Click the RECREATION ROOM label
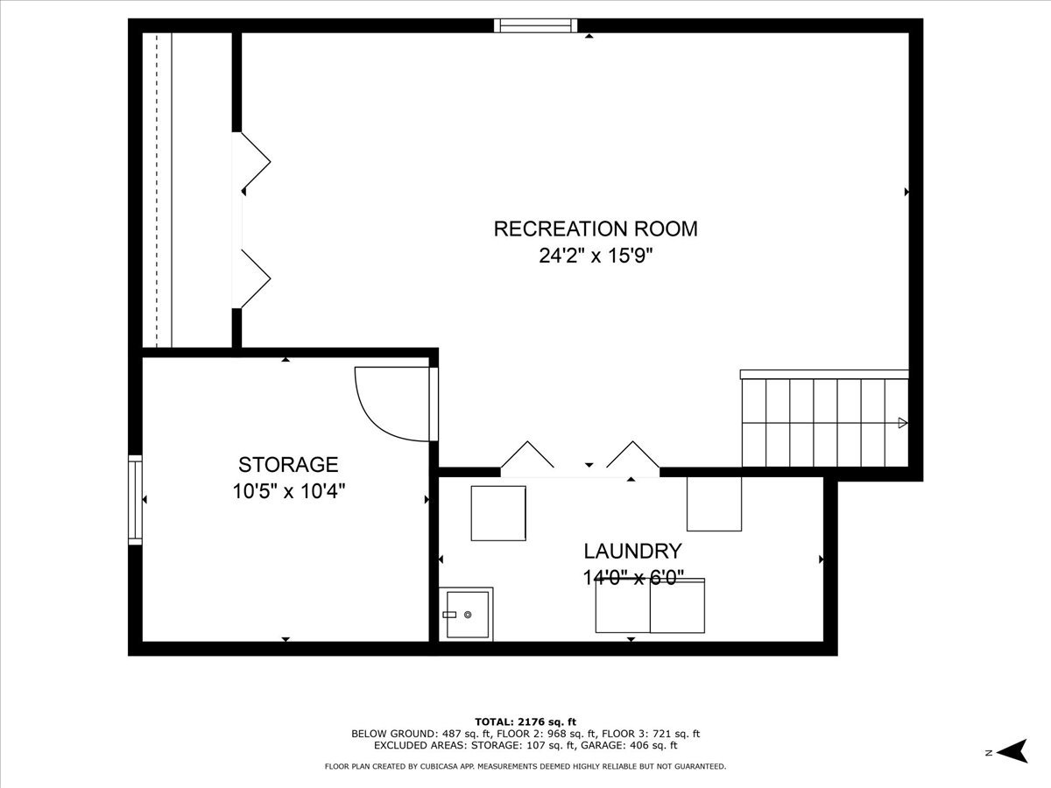(x=596, y=229)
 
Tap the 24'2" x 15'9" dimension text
(x=596, y=257)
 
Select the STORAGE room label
(x=288, y=464)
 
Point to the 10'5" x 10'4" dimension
(x=288, y=491)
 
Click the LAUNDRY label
(x=632, y=551)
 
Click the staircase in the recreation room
(x=823, y=422)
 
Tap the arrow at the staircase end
(x=902, y=424)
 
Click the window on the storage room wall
(x=135, y=499)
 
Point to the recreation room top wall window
(x=536, y=25)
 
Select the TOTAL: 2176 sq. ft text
(x=525, y=721)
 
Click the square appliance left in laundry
(x=498, y=513)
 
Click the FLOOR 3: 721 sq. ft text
(x=652, y=734)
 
